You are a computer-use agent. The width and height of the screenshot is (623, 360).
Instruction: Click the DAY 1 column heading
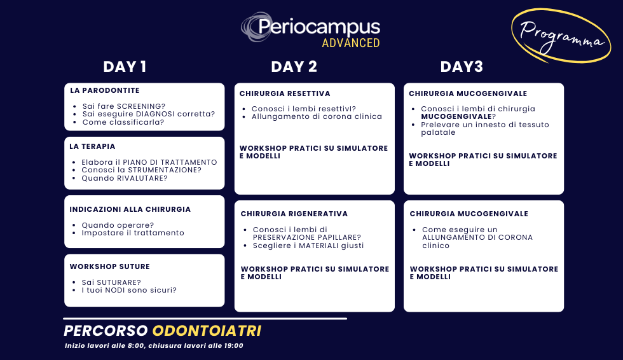point(125,67)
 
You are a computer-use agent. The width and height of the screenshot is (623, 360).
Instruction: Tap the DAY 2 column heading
point(294,67)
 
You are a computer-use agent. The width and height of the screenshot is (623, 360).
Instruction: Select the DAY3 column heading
point(462,67)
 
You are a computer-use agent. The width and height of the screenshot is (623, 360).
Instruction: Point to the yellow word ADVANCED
point(351,43)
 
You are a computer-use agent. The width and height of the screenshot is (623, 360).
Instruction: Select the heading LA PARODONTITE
point(105,90)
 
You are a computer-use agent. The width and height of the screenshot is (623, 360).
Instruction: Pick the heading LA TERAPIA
point(92,147)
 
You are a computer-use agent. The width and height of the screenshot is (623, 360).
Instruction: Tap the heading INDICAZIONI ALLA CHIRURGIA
point(130,209)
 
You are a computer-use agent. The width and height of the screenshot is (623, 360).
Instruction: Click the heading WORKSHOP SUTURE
point(109,267)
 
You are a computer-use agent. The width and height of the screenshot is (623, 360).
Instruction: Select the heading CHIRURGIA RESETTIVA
point(285,93)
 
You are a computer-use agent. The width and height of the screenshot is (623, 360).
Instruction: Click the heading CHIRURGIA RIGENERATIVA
point(294,214)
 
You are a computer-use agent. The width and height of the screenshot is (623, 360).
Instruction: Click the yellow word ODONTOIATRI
point(207,331)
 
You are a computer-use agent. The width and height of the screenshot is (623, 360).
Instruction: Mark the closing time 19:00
point(234,346)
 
